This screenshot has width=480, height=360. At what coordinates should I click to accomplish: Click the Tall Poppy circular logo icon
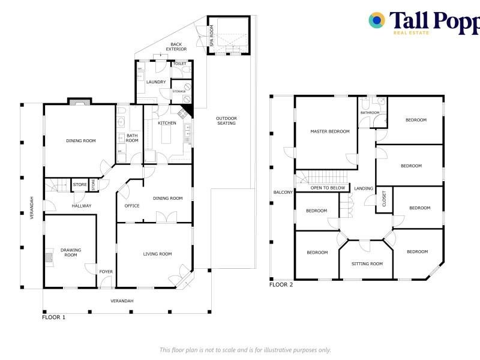[x=377, y=20]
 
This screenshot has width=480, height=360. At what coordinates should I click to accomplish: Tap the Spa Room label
[x=212, y=35]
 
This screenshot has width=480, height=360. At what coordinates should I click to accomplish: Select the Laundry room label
[x=156, y=82]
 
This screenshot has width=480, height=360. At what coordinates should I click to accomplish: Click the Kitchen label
[x=167, y=123]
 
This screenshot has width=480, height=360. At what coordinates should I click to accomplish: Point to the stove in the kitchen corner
[x=183, y=113]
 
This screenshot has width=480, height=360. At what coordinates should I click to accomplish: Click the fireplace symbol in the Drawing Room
[x=49, y=257]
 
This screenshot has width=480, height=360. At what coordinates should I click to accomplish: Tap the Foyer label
[x=106, y=272]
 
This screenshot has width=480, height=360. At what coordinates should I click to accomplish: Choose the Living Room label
[x=157, y=254]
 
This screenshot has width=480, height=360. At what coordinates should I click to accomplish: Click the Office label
[x=132, y=206]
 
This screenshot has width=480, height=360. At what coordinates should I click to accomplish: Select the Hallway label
[x=82, y=206]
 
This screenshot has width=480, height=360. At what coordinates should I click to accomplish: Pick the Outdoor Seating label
[x=227, y=121]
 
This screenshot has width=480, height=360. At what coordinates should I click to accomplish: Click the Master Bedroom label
[x=329, y=131]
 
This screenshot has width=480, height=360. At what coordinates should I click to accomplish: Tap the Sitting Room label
[x=367, y=263]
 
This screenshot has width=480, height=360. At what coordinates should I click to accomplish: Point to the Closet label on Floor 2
[x=384, y=199]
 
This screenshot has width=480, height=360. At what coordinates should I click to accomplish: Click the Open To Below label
[x=328, y=188]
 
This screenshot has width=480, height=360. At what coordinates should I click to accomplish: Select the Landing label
[x=364, y=188]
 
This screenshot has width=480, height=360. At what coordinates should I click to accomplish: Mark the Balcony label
[x=283, y=192]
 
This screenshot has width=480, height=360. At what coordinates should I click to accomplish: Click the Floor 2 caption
[x=281, y=284]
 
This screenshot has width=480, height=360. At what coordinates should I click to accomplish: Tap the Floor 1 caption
[x=53, y=317]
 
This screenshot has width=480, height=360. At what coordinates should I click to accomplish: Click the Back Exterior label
[x=176, y=47]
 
